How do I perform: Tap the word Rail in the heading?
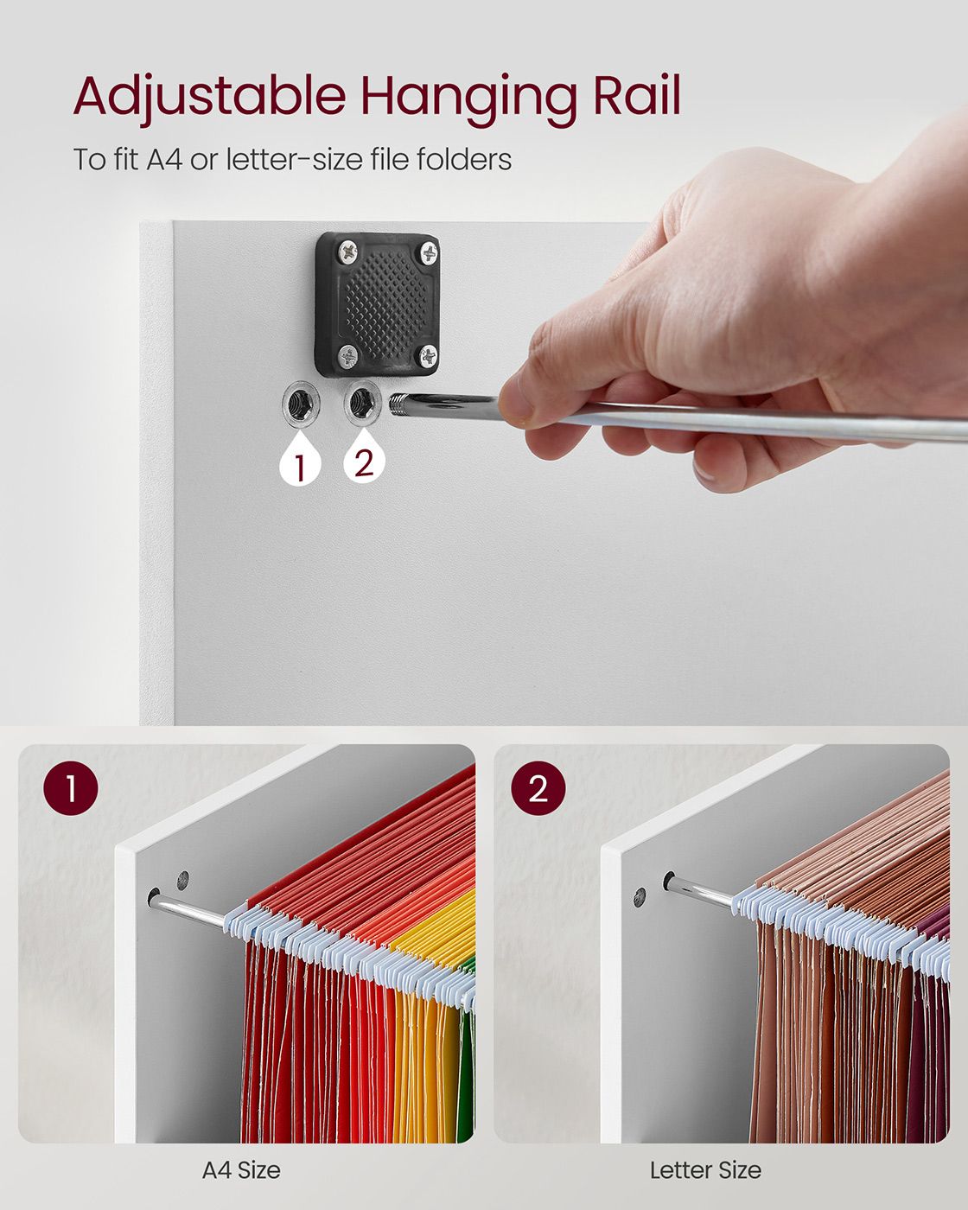click(x=637, y=94)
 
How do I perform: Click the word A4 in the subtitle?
click(x=164, y=159)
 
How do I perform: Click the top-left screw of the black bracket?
click(x=348, y=252)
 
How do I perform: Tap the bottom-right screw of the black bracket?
click(x=428, y=355)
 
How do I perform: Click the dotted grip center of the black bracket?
click(x=385, y=304)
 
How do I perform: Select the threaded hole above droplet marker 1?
click(x=300, y=404)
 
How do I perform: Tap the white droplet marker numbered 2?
click(x=364, y=458)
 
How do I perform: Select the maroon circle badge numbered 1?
click(x=71, y=788)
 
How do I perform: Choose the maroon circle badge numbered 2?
click(x=538, y=788)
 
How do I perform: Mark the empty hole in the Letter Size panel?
click(x=640, y=897)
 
